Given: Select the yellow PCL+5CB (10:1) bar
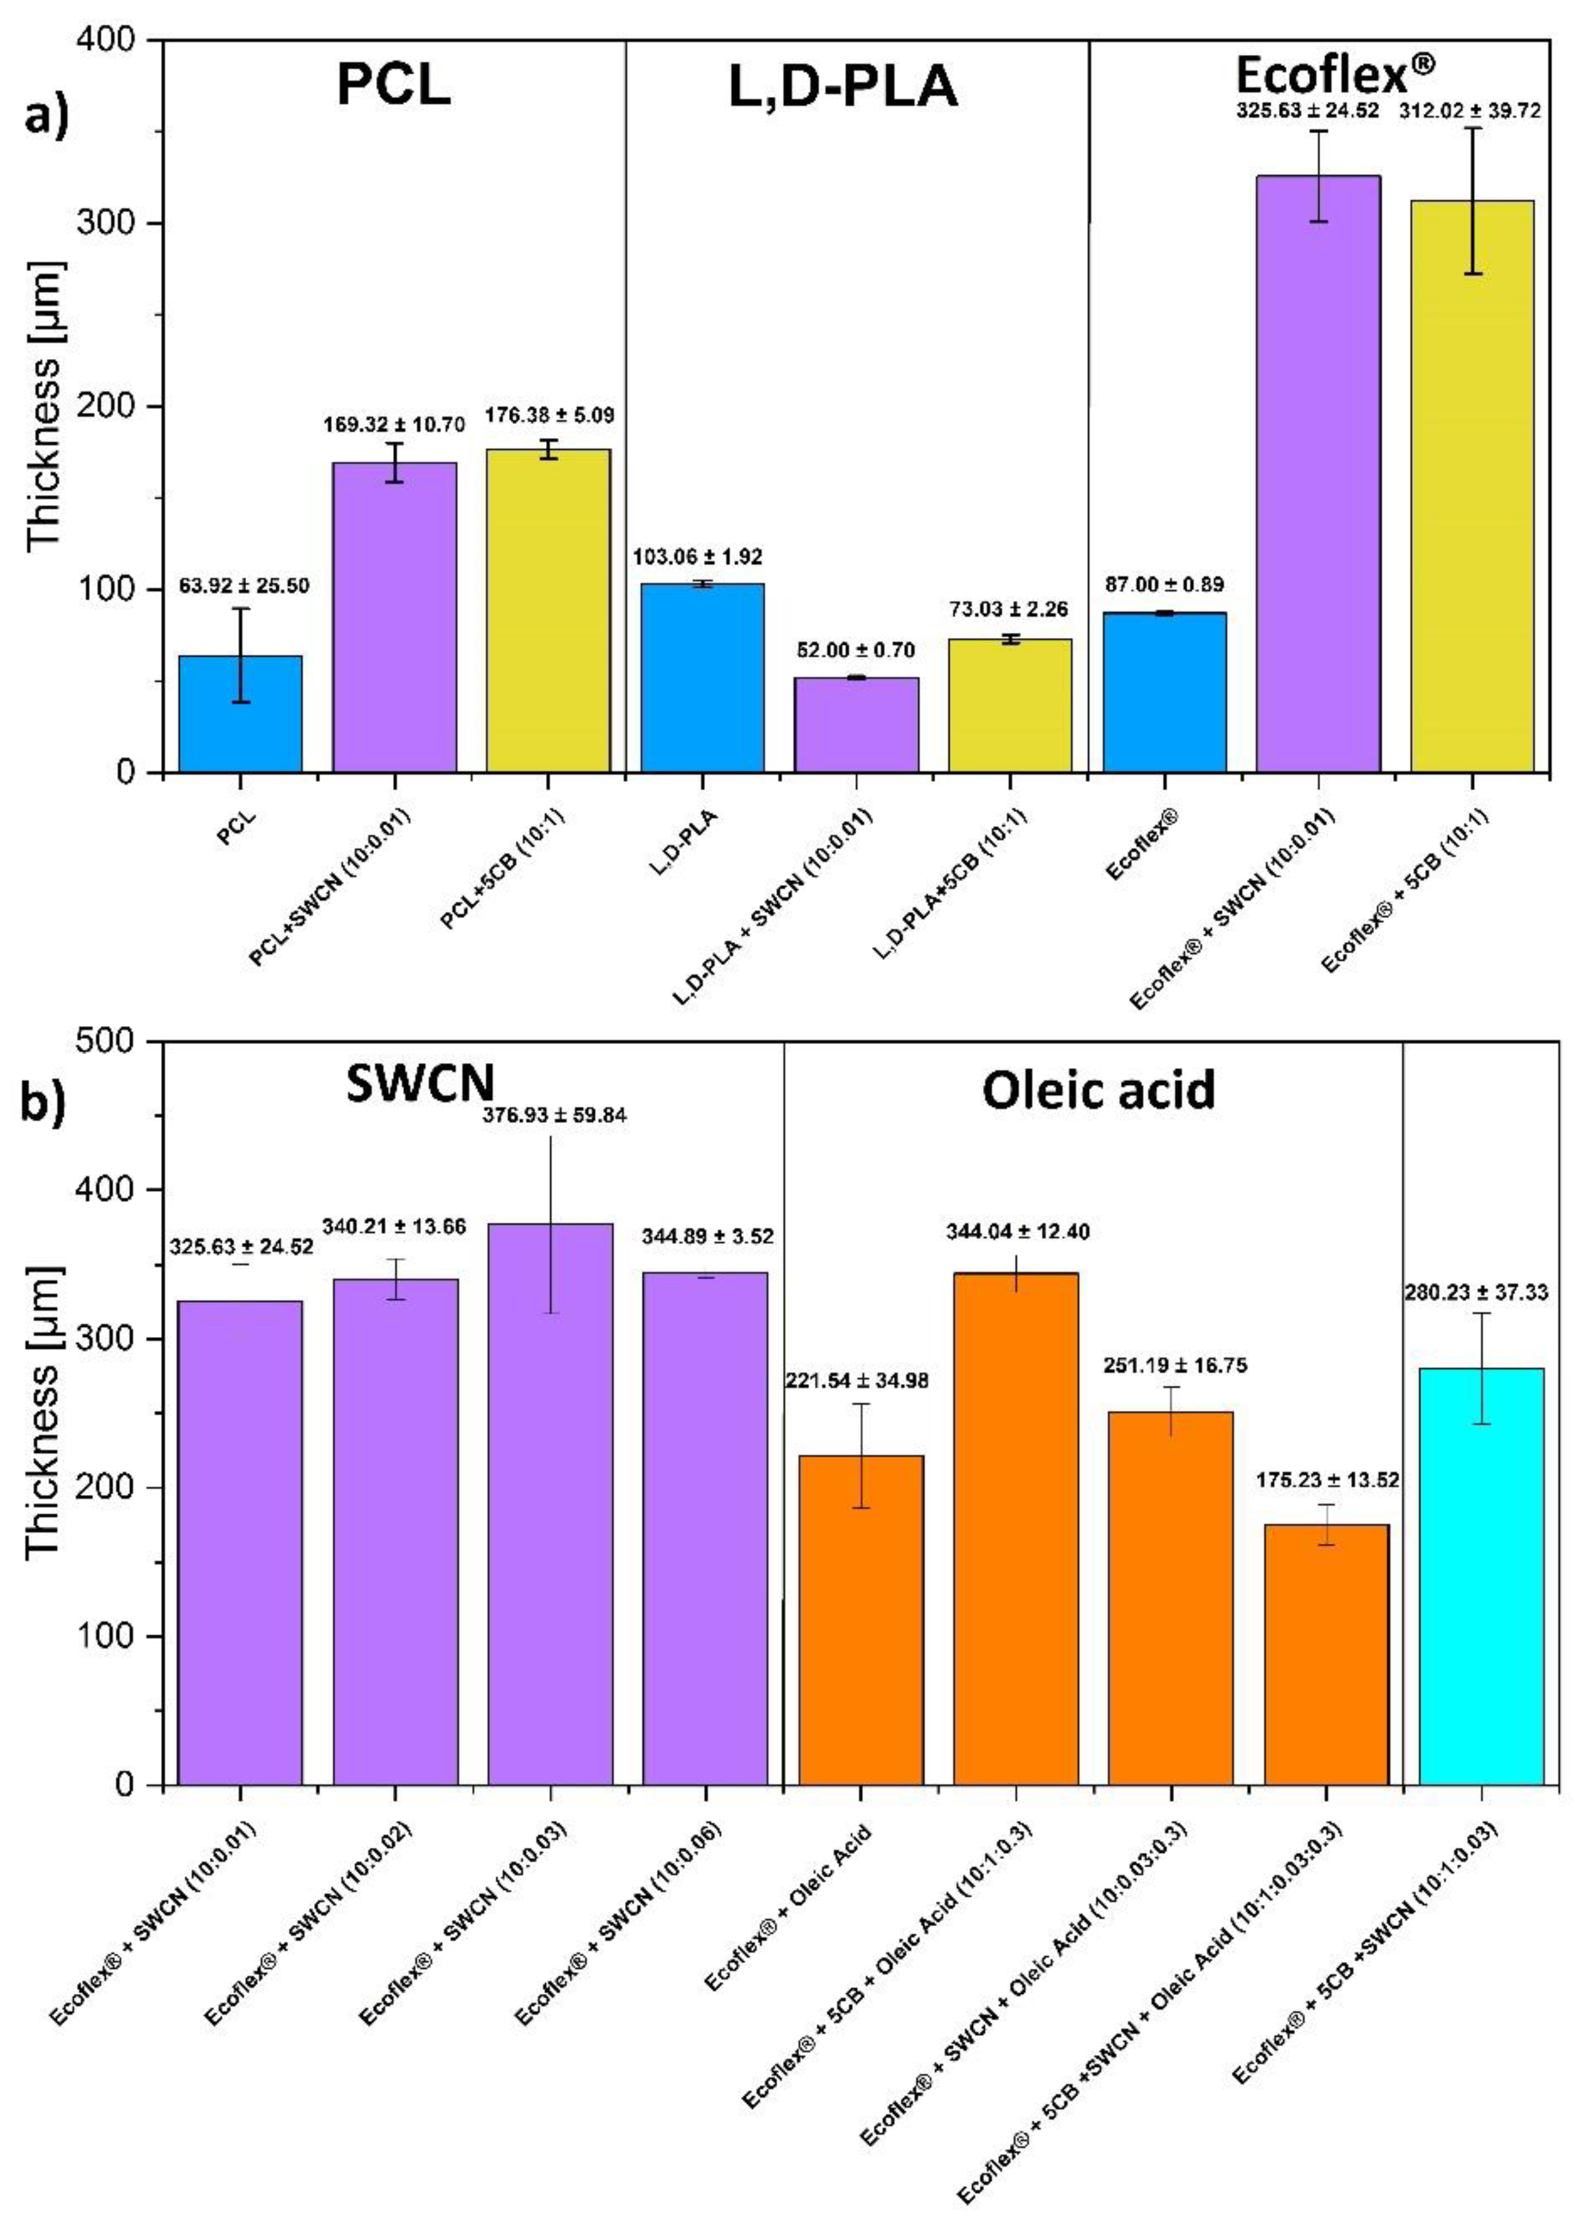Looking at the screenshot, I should pyautogui.click(x=548, y=611).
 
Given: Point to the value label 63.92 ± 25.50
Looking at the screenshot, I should pyautogui.click(x=244, y=586).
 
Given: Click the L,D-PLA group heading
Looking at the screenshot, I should pyautogui.click(x=843, y=87).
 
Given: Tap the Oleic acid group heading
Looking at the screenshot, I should pyautogui.click(x=1098, y=1090).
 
